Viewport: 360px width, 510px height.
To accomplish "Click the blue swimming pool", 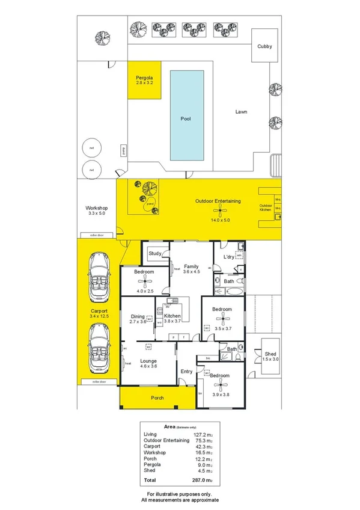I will pyautogui.click(x=186, y=119).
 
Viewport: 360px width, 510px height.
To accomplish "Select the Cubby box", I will pyautogui.click(x=264, y=46).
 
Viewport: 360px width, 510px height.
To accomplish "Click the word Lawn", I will pyautogui.click(x=241, y=112).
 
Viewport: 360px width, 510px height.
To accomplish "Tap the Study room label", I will pyautogui.click(x=154, y=254).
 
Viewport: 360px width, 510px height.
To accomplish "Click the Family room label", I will pyautogui.click(x=191, y=269).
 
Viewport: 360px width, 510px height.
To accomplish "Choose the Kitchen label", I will pyautogui.click(x=173, y=317).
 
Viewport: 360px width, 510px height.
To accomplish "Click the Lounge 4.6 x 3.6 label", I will pyautogui.click(x=148, y=363).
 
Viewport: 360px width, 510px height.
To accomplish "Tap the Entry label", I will pyautogui.click(x=187, y=371).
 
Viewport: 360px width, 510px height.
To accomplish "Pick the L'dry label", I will pyautogui.click(x=228, y=257).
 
